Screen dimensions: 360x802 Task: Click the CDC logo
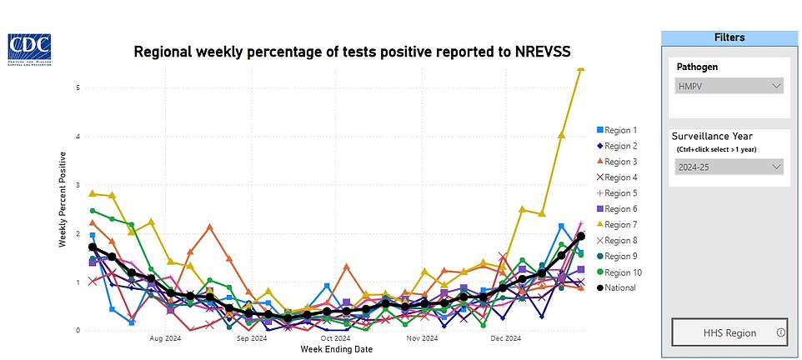click(x=29, y=47)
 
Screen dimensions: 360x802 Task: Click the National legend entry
click(x=619, y=287)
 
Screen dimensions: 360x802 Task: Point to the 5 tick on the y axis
click(x=78, y=87)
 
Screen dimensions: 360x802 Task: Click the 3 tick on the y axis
click(x=78, y=185)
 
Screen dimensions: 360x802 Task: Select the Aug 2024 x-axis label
click(x=166, y=339)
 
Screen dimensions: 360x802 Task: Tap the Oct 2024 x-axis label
click(x=336, y=339)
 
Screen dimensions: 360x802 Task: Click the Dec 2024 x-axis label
click(x=505, y=339)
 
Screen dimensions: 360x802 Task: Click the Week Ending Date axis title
click(x=335, y=349)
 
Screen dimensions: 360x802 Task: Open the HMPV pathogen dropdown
click(x=729, y=86)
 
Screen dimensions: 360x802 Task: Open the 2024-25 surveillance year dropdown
click(x=729, y=167)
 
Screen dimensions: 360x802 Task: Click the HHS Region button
click(x=729, y=332)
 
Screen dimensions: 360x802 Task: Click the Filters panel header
click(x=729, y=37)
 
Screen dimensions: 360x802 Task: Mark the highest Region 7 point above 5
click(x=581, y=68)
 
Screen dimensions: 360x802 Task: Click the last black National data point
click(x=581, y=237)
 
